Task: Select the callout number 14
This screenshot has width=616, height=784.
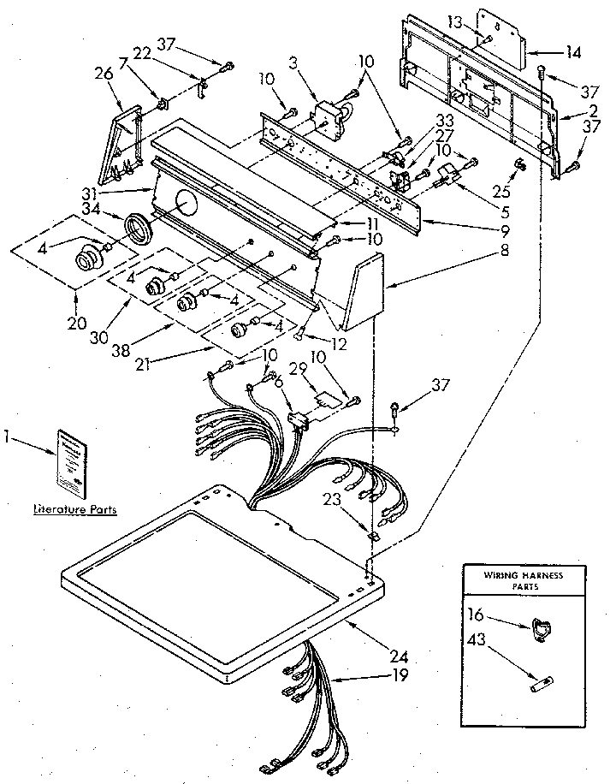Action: (572, 52)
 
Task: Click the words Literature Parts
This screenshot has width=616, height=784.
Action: (74, 509)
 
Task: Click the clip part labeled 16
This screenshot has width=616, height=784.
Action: (539, 628)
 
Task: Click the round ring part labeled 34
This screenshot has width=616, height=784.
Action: (137, 230)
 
